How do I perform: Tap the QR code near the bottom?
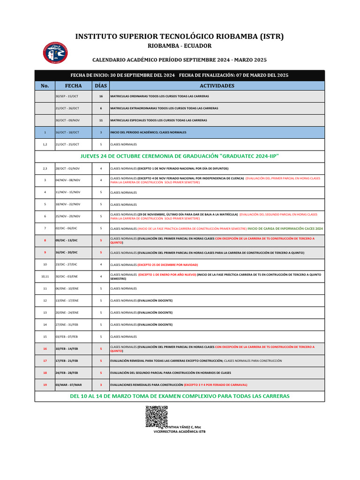click(156, 416)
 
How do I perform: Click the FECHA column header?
click(73, 86)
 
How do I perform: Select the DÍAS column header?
click(100, 86)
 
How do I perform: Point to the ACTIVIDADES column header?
click(217, 86)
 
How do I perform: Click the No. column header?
click(45, 86)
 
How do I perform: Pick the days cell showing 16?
click(100, 96)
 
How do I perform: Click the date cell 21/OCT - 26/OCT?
click(67, 108)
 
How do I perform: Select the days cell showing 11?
click(100, 120)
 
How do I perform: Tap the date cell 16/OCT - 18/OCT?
click(67, 132)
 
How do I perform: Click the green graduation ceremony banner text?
click(183, 156)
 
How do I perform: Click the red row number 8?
click(45, 240)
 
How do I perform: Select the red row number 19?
click(45, 384)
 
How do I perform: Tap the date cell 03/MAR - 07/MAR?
click(68, 384)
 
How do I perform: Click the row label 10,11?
click(45, 277)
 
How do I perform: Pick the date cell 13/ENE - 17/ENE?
click(67, 300)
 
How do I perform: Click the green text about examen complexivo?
click(180, 396)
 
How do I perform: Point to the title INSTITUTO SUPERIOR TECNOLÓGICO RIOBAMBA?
click(180, 37)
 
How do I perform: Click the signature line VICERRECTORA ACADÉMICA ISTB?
click(180, 431)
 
